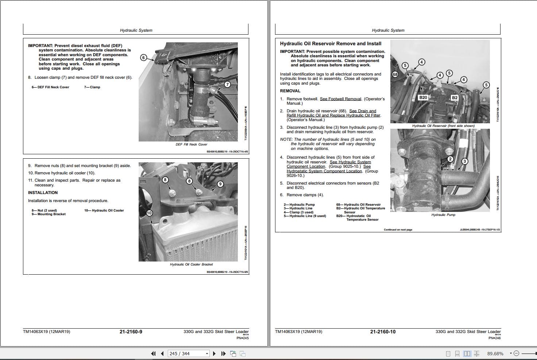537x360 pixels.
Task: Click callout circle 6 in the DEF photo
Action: tap(143, 58)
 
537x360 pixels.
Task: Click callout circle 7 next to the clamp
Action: tap(227, 84)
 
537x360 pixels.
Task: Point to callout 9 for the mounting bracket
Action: tap(220, 184)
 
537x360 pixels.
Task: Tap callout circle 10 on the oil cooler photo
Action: tap(149, 213)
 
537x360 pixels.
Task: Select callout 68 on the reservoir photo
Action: tap(395, 74)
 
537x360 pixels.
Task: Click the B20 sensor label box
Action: tap(423, 97)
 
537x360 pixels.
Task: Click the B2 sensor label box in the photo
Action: tap(454, 97)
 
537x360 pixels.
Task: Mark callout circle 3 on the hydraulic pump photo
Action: tap(464, 161)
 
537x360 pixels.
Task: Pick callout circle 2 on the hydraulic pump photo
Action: tap(450, 159)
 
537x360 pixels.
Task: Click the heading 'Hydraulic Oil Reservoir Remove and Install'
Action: tap(331, 43)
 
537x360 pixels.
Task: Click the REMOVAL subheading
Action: tap(290, 91)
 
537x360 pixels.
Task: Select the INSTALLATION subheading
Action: tap(43, 193)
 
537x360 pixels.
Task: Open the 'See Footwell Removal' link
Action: tap(340, 99)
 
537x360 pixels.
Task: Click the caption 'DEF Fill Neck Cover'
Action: tap(191, 144)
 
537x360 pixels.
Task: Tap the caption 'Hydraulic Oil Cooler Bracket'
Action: tap(191, 264)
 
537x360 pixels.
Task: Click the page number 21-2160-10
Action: tap(383, 332)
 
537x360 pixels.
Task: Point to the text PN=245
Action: tap(242, 338)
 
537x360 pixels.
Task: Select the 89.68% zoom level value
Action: tap(495, 353)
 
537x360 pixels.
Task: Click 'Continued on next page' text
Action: tap(398, 230)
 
